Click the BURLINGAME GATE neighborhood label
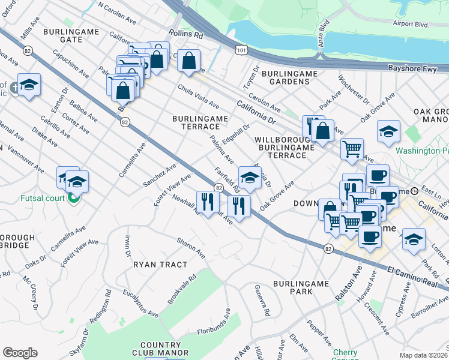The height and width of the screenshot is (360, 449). tap(62, 34)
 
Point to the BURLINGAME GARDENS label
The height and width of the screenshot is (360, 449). tap(289, 78)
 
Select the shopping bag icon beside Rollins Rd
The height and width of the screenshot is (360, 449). tap(188, 61)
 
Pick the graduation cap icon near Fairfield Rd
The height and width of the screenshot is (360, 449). tap(250, 177)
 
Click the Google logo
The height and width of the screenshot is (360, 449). tap(20, 353)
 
